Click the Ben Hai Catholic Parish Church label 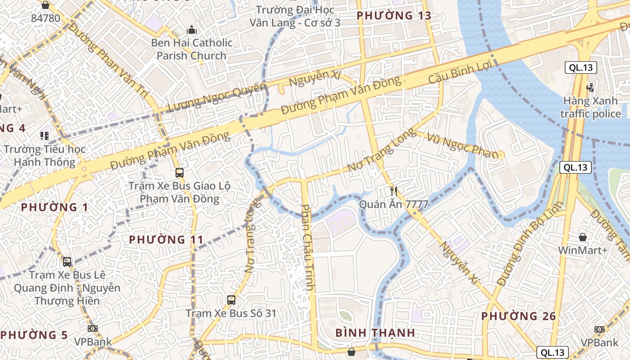192,49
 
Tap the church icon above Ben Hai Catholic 192,30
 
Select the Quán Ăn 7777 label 393,204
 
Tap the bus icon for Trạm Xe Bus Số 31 231,300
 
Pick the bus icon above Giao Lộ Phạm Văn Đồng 179,172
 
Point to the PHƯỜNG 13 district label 394,16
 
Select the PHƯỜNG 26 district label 519,316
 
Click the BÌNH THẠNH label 375,333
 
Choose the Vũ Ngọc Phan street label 463,146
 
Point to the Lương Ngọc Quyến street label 217,97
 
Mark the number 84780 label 45,18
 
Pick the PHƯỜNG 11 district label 166,239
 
